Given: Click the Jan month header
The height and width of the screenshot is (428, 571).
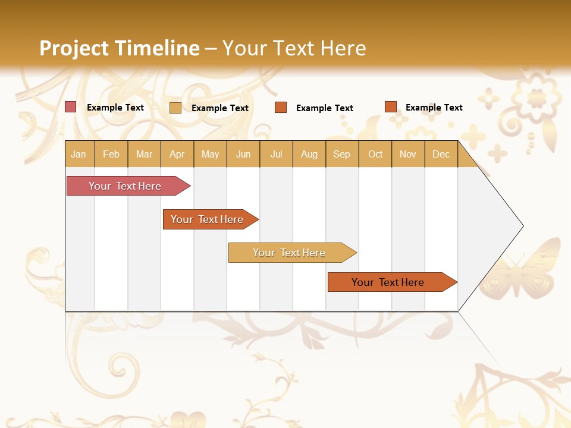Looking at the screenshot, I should [x=79, y=154].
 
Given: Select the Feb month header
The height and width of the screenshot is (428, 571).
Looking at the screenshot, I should [x=111, y=154].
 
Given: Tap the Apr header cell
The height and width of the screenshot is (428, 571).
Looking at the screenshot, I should [x=177, y=154].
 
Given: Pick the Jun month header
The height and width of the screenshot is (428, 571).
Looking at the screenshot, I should [x=243, y=154].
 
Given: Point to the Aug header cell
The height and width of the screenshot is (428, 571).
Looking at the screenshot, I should [x=309, y=154].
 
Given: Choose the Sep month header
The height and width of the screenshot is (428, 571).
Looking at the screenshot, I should [x=342, y=154].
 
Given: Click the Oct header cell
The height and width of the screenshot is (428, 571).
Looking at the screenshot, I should [x=375, y=154].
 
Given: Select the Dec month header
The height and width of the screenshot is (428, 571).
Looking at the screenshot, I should [x=441, y=154].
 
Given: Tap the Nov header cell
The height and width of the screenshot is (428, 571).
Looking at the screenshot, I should [x=408, y=154].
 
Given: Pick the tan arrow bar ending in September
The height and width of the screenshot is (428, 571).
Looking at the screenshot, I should [x=290, y=253].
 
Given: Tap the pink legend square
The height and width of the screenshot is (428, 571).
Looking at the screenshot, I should [x=70, y=107].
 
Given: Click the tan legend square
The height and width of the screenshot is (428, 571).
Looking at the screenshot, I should [x=175, y=108].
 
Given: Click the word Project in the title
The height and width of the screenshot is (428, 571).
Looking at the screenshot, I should [x=74, y=48].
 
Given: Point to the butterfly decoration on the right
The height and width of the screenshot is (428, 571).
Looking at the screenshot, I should [x=529, y=267].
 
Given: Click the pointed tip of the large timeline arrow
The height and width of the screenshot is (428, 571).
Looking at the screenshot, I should [x=521, y=226].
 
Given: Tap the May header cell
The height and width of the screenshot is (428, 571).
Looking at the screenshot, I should [x=210, y=154].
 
